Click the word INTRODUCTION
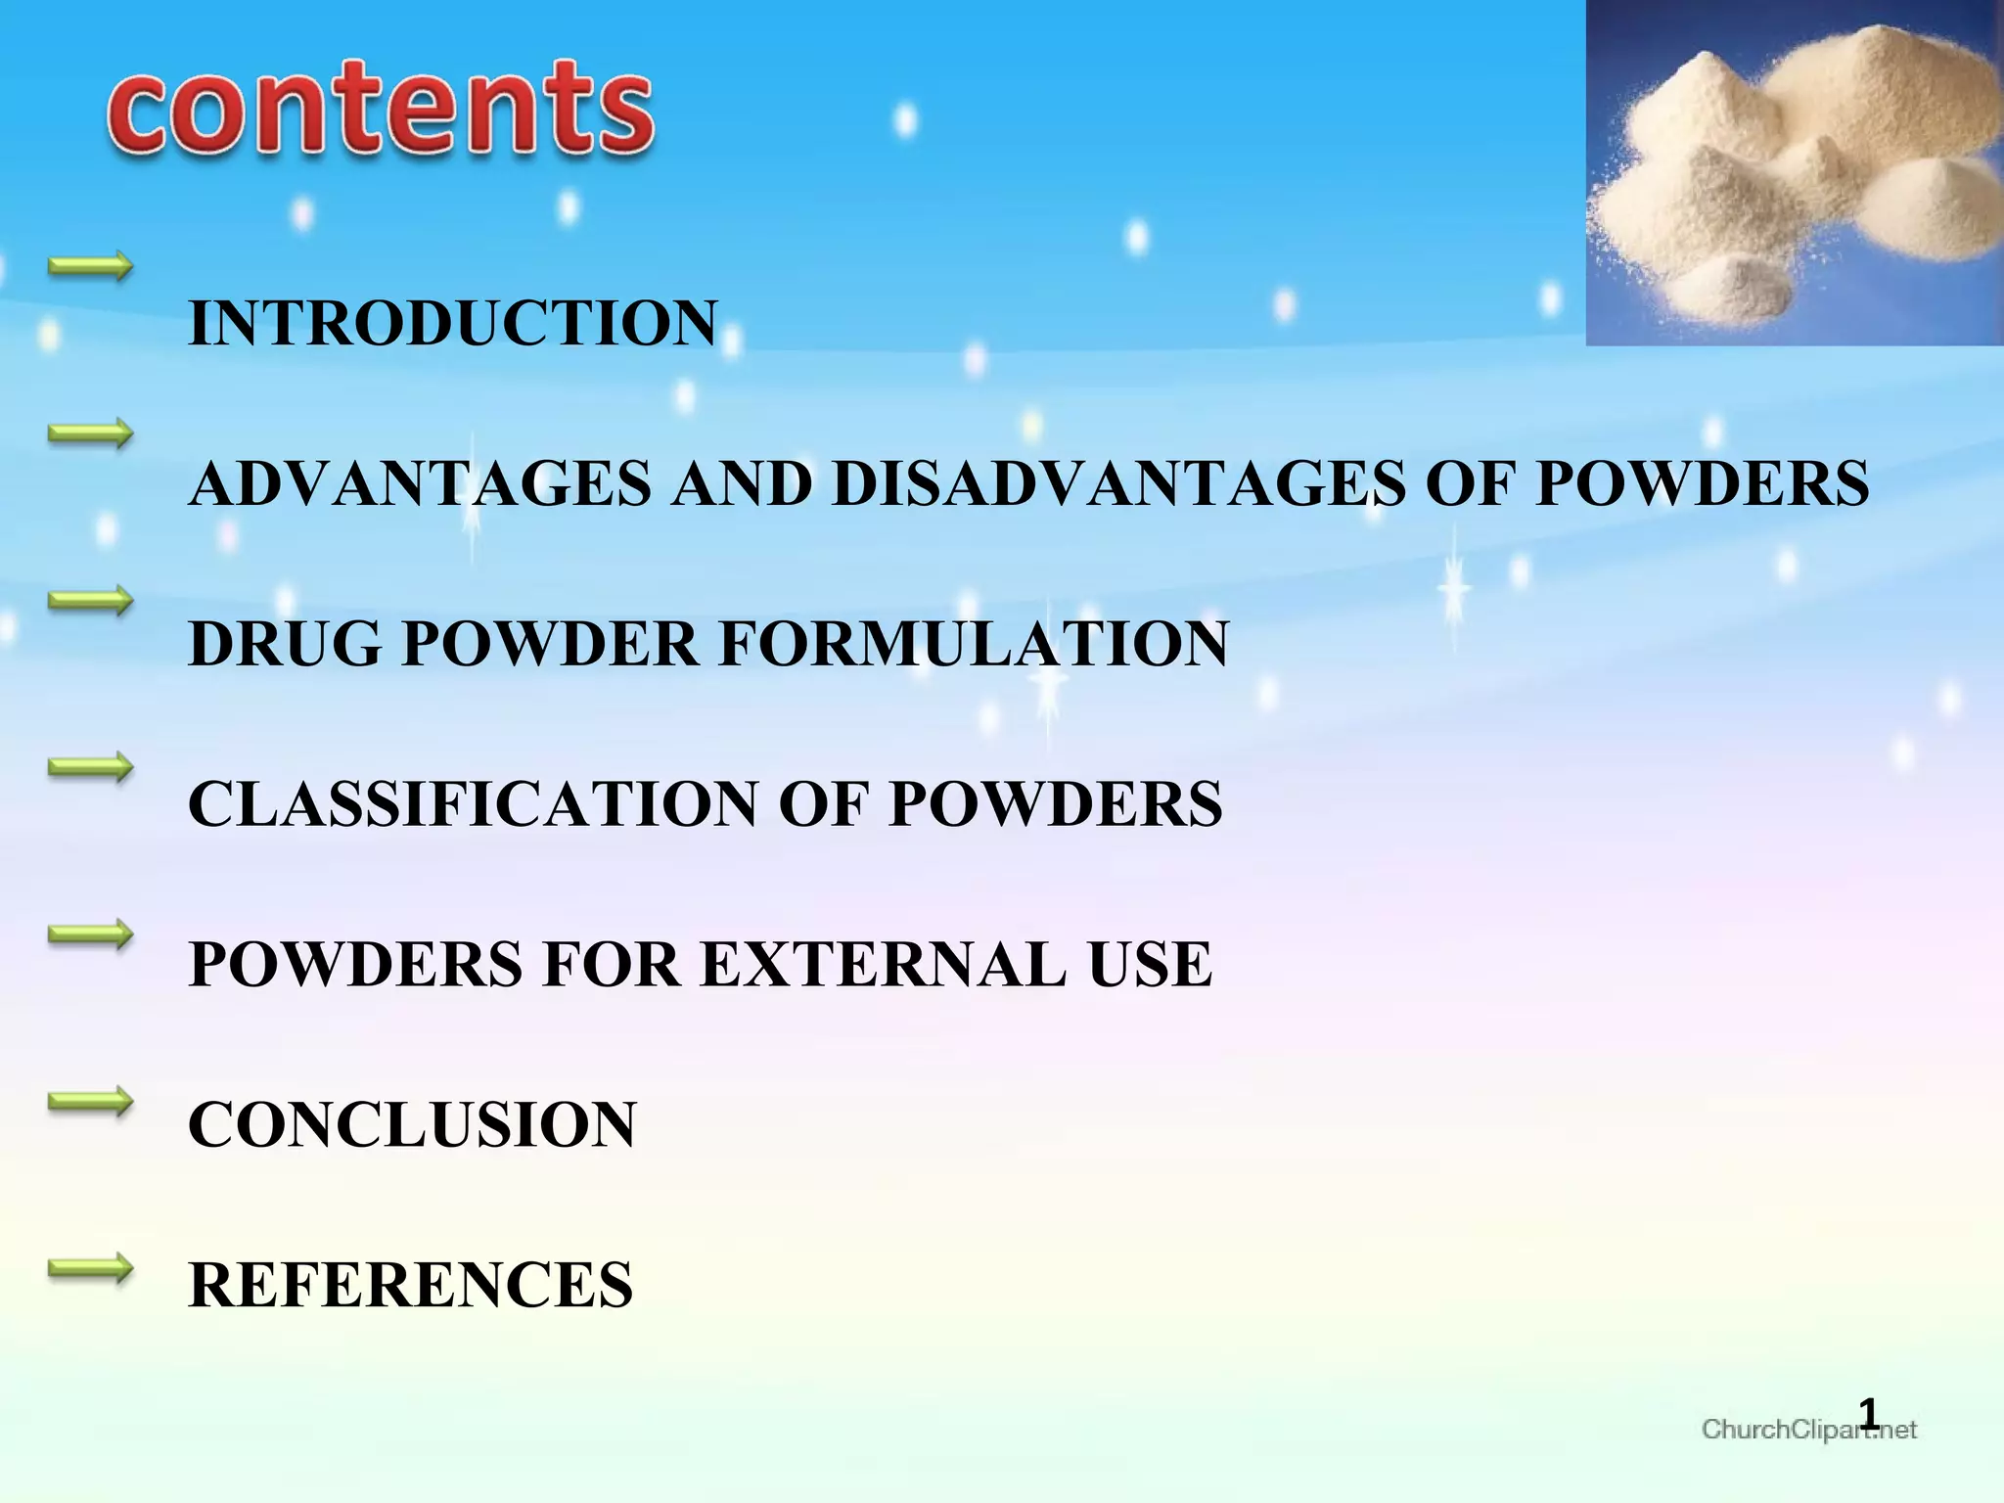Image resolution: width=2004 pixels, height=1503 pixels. tap(453, 323)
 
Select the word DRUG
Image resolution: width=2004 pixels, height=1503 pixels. tap(284, 644)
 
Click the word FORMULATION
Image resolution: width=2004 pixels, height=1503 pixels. tap(974, 644)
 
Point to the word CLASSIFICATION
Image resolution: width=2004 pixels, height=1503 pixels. tap(473, 804)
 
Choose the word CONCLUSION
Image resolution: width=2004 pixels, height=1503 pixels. tap(412, 1124)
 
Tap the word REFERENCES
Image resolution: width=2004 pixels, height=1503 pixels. tap(410, 1285)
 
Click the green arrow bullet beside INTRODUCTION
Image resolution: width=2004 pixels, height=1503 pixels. tap(90, 266)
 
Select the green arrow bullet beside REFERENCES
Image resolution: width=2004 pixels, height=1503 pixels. tap(90, 1269)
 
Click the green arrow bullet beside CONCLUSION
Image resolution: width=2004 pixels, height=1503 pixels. tap(90, 1102)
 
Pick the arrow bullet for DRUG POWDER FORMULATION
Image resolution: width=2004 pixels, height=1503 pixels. tap(90, 600)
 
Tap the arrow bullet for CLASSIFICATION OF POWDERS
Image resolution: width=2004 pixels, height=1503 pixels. tap(90, 767)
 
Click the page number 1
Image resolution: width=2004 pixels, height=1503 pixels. tap(1869, 1414)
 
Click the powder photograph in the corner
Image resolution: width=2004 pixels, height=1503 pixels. tap(1795, 172)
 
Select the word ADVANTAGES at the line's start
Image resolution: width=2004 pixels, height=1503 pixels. tap(420, 483)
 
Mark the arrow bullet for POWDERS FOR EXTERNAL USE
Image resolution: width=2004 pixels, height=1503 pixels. tap(90, 934)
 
